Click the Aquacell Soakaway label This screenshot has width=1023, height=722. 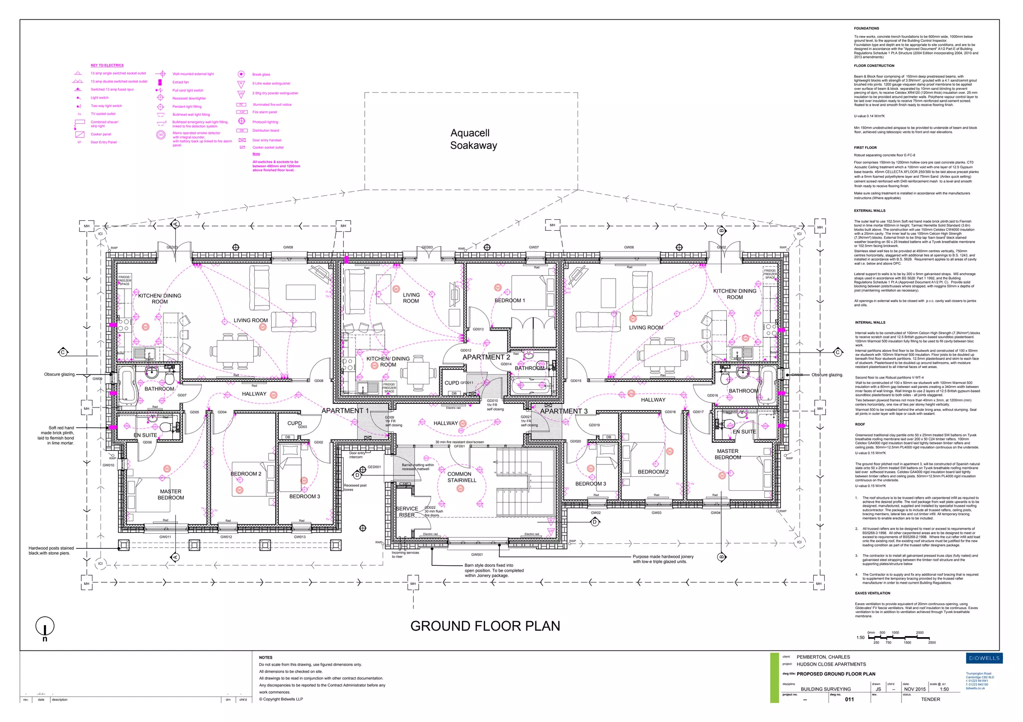click(x=473, y=139)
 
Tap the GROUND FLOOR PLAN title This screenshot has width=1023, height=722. click(x=485, y=626)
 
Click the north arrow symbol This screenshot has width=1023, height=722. click(x=45, y=628)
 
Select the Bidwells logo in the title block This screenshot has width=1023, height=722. click(x=984, y=658)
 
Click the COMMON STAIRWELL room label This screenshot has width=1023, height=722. click(x=462, y=477)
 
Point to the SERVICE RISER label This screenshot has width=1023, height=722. click(x=407, y=512)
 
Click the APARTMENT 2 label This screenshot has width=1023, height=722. click(x=486, y=357)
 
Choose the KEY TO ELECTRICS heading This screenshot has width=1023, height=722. click(x=107, y=65)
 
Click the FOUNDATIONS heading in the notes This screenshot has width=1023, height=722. click(x=866, y=28)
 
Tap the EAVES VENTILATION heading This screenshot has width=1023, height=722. click(x=872, y=593)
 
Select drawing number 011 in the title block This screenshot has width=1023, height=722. click(x=849, y=700)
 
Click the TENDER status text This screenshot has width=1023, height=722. click(x=930, y=700)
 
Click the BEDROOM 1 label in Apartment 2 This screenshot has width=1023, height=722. click(x=510, y=301)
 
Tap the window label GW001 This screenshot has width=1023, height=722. click(x=477, y=555)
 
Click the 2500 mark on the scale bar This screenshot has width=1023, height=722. click(x=932, y=643)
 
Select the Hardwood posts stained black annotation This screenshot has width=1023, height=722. click(x=51, y=551)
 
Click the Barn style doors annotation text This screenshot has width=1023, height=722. click(x=494, y=571)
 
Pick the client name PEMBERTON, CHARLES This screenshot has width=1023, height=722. click(x=823, y=657)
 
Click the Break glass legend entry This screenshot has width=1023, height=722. click(x=261, y=74)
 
